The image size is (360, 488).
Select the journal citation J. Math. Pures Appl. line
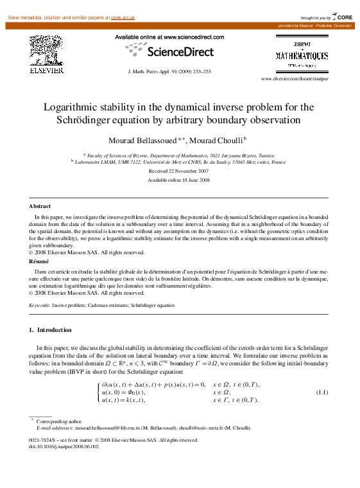pos(170,71)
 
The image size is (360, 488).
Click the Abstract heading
pos(40,206)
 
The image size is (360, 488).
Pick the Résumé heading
pos(40,262)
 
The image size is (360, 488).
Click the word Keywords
pos(39,306)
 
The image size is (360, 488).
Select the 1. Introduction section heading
pos(51,329)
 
